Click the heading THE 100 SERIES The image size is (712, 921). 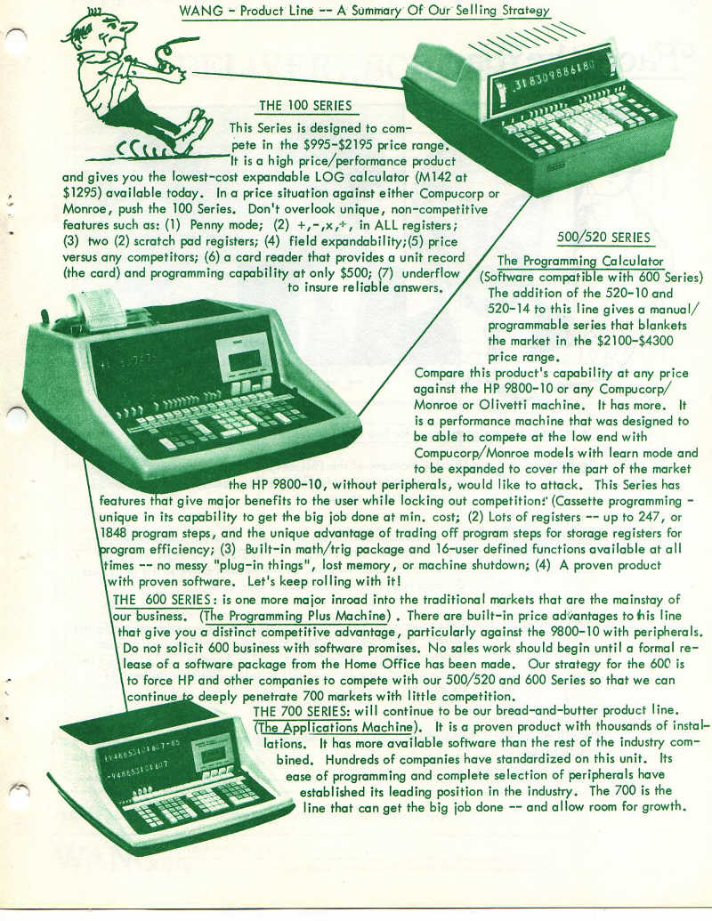tap(305, 106)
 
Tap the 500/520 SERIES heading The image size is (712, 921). tap(604, 238)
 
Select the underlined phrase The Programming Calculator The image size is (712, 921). tap(580, 262)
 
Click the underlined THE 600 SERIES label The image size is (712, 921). tap(162, 600)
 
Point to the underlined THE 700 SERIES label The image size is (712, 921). tap(302, 711)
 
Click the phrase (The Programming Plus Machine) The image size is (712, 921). tap(295, 616)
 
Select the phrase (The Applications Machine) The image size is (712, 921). tap(336, 727)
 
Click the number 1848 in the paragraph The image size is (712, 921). tap(114, 533)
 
